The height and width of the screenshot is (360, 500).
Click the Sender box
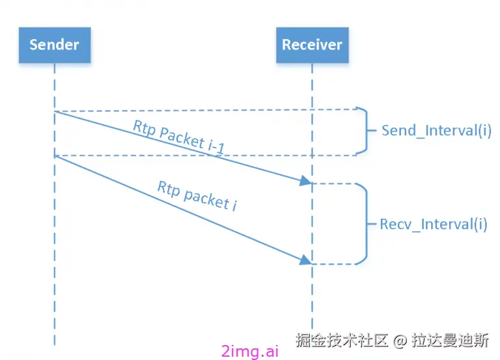pyautogui.click(x=54, y=45)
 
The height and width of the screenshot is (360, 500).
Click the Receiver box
pyautogui.click(x=311, y=45)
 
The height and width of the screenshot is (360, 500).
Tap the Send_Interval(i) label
pyautogui.click(x=436, y=130)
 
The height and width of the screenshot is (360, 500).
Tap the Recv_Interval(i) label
pyautogui.click(x=433, y=225)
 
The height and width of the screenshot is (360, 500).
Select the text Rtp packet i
pyautogui.click(x=197, y=195)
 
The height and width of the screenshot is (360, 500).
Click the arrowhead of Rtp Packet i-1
pyautogui.click(x=305, y=182)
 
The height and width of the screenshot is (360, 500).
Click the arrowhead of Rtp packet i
pyautogui.click(x=305, y=260)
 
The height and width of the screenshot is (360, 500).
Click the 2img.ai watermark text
pyautogui.click(x=250, y=351)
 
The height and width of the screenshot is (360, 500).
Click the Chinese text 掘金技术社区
pyautogui.click(x=342, y=340)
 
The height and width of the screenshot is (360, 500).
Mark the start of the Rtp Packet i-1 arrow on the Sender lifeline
pyautogui.click(x=55, y=112)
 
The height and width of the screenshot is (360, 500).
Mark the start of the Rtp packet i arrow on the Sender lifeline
pyautogui.click(x=55, y=156)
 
